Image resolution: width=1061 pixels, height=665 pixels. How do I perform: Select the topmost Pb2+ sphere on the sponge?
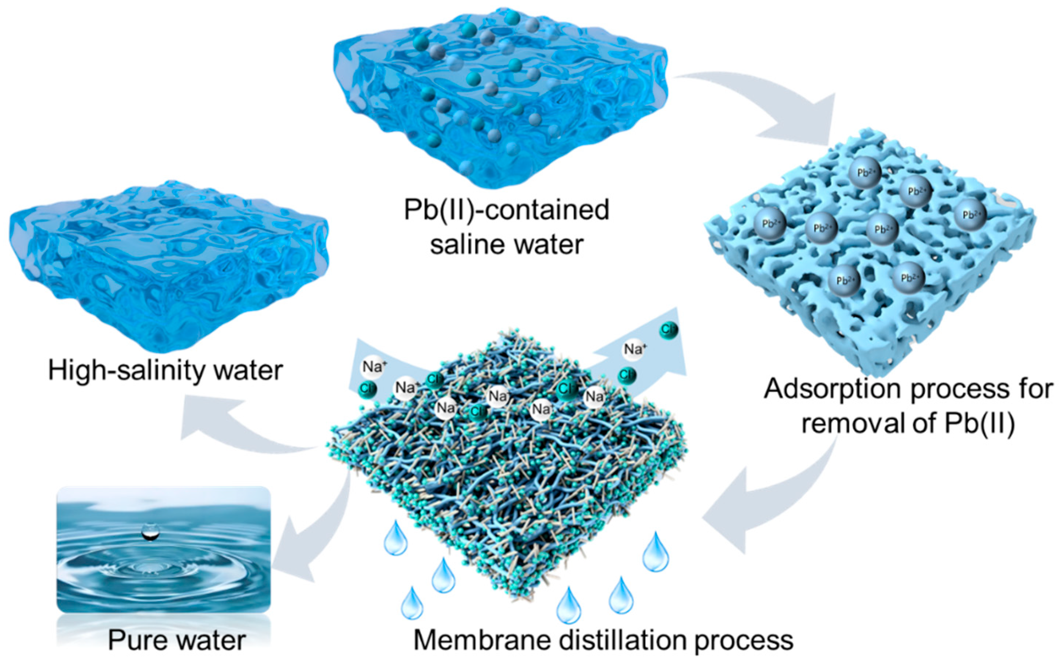865,173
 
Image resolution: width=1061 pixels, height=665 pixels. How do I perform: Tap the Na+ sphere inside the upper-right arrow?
634,350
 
